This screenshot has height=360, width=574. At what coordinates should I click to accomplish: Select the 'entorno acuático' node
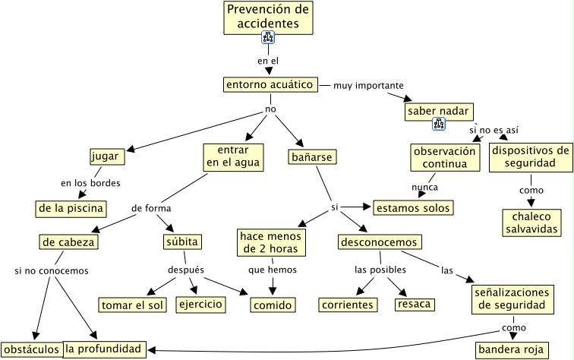270,84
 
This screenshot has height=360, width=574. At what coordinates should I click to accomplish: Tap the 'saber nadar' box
440,112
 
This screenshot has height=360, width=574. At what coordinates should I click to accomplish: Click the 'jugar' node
105,156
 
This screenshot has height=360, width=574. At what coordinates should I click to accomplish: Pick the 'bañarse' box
312,156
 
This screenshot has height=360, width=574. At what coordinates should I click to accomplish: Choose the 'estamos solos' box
413,207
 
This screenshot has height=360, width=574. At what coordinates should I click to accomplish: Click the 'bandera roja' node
511,349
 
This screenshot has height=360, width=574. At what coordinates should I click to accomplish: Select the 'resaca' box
414,304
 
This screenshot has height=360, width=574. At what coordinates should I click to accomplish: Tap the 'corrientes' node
348,305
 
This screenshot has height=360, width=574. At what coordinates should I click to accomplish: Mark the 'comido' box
273,305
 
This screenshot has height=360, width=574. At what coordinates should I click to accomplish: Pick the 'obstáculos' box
31,349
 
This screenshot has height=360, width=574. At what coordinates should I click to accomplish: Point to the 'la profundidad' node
104,349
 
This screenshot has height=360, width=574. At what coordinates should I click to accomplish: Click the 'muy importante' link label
368,85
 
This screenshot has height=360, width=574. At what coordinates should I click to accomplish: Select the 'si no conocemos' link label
52,270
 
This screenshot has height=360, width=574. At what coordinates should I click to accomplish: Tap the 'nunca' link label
424,187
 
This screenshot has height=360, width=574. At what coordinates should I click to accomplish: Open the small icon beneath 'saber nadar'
439,124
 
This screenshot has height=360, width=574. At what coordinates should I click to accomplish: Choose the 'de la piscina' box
70,207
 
